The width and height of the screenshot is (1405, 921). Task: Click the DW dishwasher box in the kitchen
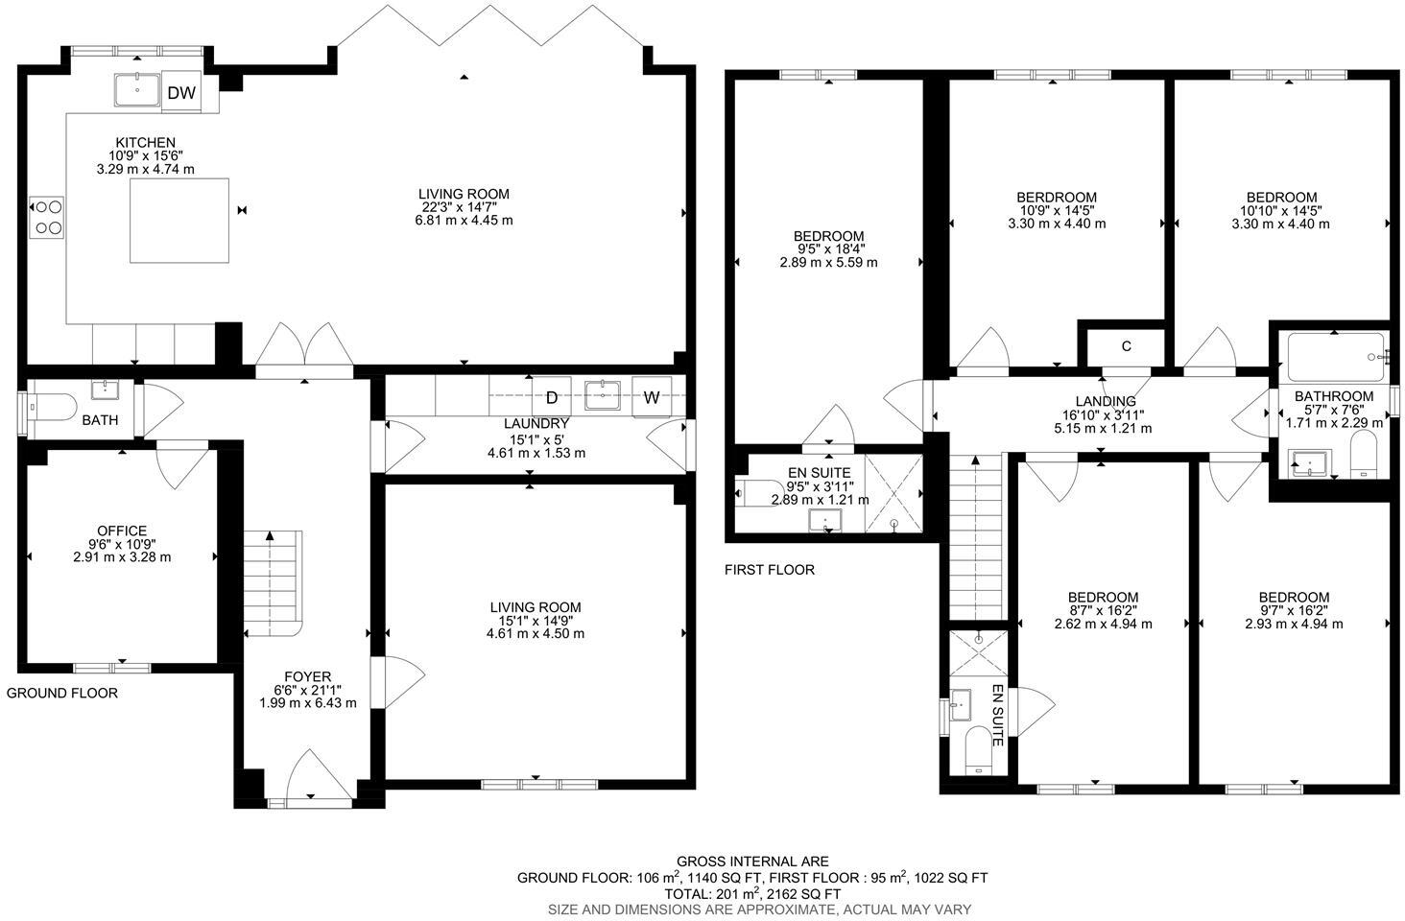[181, 92]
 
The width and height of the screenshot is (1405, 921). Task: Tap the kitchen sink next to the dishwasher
[138, 90]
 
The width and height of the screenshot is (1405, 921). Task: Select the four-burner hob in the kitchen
[48, 216]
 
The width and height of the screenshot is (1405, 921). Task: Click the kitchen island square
[180, 220]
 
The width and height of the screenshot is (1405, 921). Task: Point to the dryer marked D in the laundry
[552, 397]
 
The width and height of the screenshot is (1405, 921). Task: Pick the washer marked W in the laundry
[652, 397]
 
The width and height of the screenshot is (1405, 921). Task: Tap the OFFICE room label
[122, 531]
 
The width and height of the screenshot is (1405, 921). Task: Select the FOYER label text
[307, 675]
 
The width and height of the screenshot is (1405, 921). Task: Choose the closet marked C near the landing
[1126, 346]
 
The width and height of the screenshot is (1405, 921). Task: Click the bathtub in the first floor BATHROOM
[1336, 357]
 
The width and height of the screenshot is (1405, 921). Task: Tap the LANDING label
[1106, 401]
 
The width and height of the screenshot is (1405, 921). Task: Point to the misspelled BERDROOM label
[1057, 198]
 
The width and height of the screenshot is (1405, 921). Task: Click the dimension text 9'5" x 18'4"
[828, 248]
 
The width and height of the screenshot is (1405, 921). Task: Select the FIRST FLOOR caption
[770, 570]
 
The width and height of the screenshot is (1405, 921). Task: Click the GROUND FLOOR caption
[62, 693]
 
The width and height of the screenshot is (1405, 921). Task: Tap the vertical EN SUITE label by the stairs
[997, 716]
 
